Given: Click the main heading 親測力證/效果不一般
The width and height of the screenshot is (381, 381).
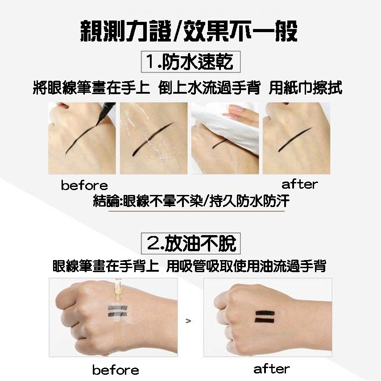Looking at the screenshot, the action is click(x=189, y=31).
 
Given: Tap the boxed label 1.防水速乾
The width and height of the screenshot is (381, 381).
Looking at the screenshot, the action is click(x=191, y=62).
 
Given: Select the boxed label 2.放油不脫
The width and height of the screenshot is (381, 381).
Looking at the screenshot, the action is click(x=191, y=243).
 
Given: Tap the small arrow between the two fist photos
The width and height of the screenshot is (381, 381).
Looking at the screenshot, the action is click(x=188, y=321).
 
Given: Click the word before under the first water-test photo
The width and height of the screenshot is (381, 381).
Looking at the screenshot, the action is click(x=84, y=185).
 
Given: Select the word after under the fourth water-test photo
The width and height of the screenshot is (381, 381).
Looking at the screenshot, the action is click(x=300, y=184).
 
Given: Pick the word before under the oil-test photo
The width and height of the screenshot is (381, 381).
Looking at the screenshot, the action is click(x=116, y=370).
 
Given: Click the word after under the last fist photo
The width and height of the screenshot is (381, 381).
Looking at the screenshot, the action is click(x=272, y=369).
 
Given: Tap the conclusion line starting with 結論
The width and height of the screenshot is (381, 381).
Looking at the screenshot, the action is click(x=191, y=201).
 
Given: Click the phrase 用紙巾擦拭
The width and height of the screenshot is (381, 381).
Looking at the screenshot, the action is click(x=306, y=87).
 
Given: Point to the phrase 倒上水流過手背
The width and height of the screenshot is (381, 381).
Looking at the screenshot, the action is click(x=209, y=87).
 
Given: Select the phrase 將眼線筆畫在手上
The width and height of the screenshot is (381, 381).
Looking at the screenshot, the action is click(x=91, y=87).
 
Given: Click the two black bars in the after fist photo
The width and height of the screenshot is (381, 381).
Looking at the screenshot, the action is click(x=265, y=317).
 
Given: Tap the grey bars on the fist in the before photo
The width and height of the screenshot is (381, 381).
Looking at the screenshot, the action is click(x=117, y=311).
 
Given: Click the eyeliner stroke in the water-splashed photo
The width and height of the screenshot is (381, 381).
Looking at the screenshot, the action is click(x=153, y=139).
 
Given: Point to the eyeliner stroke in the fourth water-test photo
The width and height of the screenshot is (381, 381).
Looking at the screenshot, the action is click(x=295, y=140).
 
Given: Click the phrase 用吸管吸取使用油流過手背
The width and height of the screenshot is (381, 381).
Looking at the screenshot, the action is click(x=246, y=266).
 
